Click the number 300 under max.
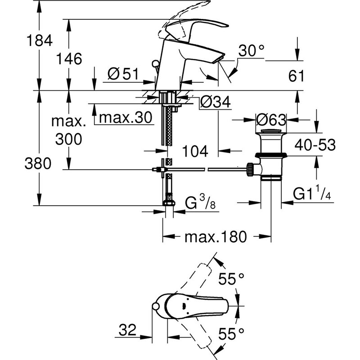pyautogui.click(x=69, y=139)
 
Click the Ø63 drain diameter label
pyautogui.click(x=270, y=120)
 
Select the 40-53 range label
pyautogui.click(x=315, y=145)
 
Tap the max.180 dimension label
pyautogui.click(x=216, y=237)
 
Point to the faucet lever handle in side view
pyautogui.click(x=198, y=25)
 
